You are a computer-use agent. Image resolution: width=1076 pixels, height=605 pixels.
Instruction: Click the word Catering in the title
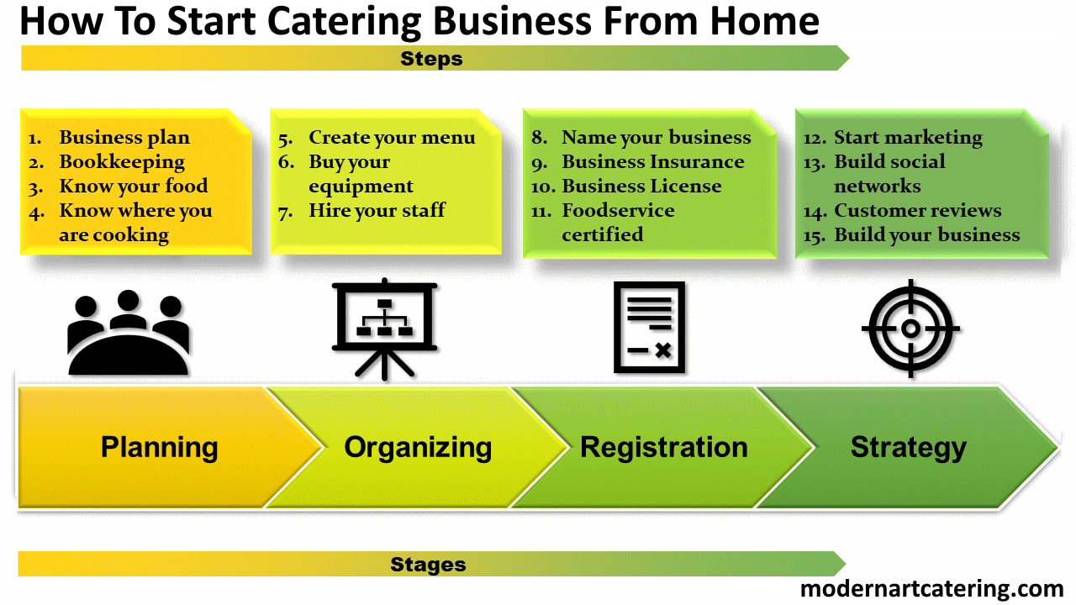(x=344, y=23)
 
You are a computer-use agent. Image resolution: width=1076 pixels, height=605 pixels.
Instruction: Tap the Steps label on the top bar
(x=431, y=59)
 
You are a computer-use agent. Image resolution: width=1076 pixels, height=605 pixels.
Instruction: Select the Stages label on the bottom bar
(x=428, y=565)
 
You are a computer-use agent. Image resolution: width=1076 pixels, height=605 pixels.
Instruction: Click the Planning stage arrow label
(x=160, y=448)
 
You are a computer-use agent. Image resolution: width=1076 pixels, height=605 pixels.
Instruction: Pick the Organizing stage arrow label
(x=418, y=448)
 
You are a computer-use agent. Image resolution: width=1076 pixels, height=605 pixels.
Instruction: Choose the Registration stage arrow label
(x=664, y=447)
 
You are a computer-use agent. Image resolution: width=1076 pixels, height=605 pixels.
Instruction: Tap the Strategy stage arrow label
(x=909, y=448)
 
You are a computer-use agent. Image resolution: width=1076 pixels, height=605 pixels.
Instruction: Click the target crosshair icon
(x=910, y=329)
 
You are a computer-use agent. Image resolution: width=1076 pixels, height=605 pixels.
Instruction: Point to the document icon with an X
(x=650, y=328)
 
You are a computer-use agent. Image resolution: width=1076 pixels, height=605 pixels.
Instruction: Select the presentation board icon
(x=384, y=329)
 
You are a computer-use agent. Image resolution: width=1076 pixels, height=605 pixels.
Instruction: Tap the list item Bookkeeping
(x=122, y=162)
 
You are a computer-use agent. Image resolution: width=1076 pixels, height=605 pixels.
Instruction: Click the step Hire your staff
(x=377, y=211)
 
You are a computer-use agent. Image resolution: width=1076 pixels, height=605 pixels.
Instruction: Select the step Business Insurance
(x=653, y=162)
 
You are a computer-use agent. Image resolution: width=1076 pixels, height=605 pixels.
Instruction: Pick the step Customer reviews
(x=917, y=210)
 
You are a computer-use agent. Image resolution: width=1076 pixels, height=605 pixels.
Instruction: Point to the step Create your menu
(x=392, y=138)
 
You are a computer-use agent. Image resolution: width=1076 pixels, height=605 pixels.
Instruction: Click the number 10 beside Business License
(x=543, y=187)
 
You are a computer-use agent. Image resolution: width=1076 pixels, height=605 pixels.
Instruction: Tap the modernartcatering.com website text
(x=932, y=589)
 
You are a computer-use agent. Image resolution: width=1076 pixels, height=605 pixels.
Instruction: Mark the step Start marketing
(x=908, y=138)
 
